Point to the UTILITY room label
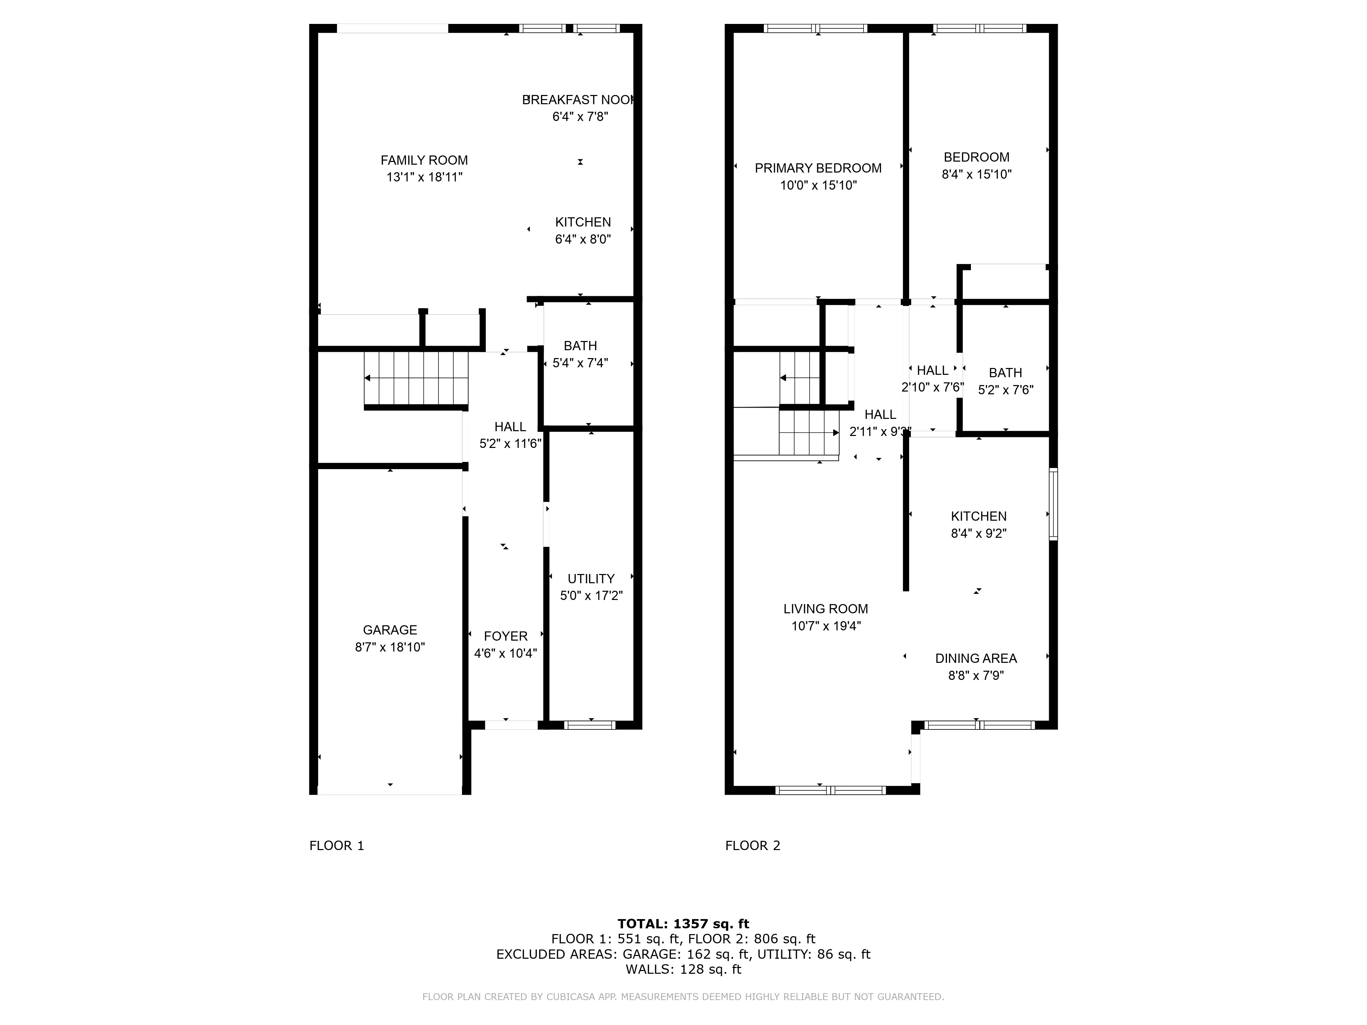click(591, 579)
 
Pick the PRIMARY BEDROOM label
click(817, 168)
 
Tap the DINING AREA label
click(976, 659)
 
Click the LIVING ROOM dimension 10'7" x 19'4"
click(826, 626)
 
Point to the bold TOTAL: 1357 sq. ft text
click(683, 924)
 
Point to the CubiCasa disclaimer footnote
click(683, 997)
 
